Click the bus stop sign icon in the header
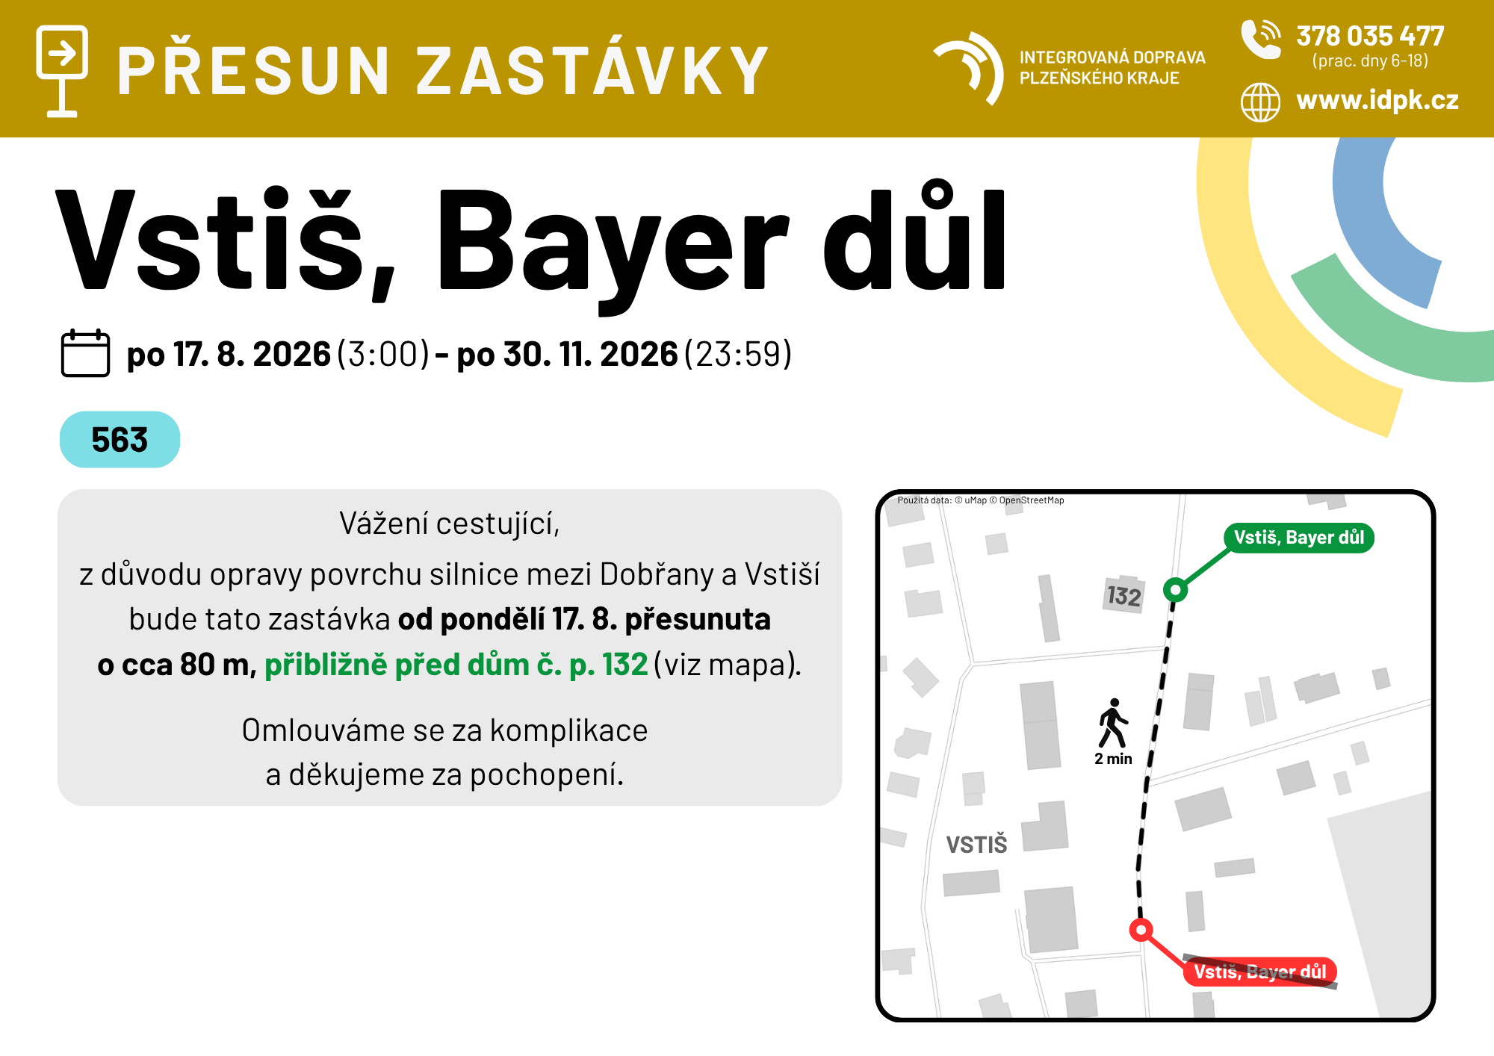[62, 71]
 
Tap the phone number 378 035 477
[1370, 36]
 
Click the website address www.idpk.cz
[1377, 100]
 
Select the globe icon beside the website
[1260, 102]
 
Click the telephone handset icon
[1261, 39]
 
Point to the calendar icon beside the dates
[85, 352]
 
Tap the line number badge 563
[120, 439]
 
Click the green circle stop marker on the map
[1175, 590]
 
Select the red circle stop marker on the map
[1141, 930]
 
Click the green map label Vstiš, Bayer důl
[1298, 538]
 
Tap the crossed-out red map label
[1260, 972]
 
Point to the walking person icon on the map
[1113, 723]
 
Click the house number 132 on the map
[1124, 596]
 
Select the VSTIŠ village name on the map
[976, 845]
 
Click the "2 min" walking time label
[1113, 759]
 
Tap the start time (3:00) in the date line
[383, 354]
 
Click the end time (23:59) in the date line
[737, 354]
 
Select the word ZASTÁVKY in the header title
[592, 71]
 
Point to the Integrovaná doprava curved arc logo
[969, 68]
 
